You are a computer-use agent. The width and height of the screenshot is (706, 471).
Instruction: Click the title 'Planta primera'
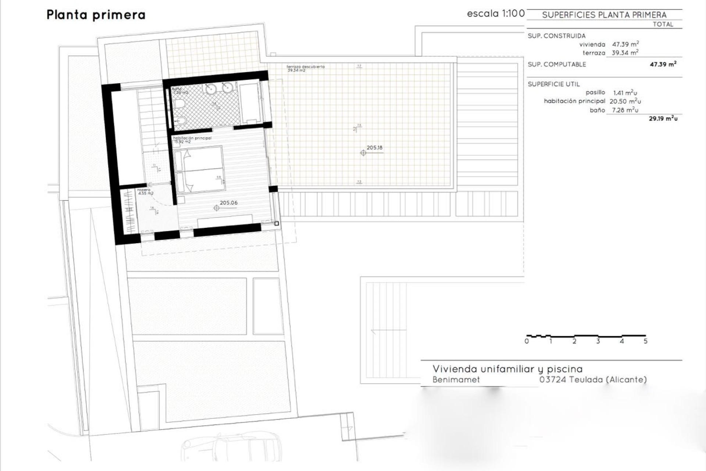[96, 15]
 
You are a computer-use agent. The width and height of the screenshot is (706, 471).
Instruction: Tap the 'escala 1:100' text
[496, 14]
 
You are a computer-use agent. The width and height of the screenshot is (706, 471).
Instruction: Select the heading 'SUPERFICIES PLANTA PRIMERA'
[604, 15]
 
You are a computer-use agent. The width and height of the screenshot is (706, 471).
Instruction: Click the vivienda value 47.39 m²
[625, 44]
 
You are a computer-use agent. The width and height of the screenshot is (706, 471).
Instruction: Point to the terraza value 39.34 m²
[625, 53]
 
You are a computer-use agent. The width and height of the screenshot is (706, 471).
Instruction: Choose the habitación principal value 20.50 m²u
[625, 101]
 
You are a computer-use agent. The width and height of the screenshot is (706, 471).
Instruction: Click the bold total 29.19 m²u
[663, 119]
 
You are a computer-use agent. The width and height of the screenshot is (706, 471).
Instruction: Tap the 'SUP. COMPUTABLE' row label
[557, 64]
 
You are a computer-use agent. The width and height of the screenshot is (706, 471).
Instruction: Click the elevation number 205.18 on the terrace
[374, 148]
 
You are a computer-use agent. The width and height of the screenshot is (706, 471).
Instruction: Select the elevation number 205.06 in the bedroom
[228, 202]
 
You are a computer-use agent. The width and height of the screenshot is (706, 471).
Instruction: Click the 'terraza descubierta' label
[306, 67]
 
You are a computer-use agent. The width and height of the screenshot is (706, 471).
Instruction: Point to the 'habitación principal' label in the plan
[192, 138]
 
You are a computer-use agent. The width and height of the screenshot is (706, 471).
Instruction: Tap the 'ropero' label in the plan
[144, 190]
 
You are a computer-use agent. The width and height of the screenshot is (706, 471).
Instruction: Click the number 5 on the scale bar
[645, 341]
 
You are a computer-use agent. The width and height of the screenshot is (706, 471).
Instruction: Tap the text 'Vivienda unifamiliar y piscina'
[507, 369]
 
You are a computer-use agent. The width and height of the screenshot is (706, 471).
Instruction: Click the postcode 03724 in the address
[552, 379]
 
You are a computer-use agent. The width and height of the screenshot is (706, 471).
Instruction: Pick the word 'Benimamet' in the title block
[456, 379]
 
